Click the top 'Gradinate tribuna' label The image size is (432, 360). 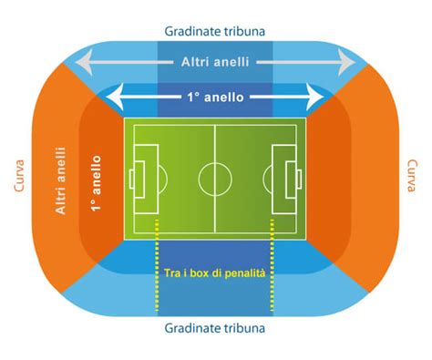click(215, 30)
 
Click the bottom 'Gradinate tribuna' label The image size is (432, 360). click(215, 327)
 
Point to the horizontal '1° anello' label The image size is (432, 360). click(215, 97)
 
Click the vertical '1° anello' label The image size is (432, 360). click(95, 182)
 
